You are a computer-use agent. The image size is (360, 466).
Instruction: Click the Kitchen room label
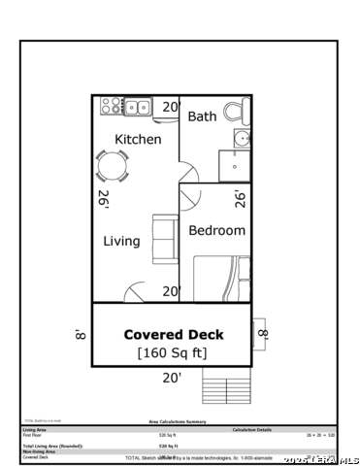(138, 140)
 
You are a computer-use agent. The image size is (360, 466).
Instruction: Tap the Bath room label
(202, 116)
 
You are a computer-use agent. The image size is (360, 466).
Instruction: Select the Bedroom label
(216, 231)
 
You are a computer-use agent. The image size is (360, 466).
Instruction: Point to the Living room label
(122, 241)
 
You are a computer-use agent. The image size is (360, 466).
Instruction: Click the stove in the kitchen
(110, 106)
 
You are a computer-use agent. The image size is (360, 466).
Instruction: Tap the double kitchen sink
(137, 106)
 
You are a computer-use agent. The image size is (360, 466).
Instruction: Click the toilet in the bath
(238, 113)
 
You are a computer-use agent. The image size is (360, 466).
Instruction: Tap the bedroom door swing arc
(190, 200)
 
